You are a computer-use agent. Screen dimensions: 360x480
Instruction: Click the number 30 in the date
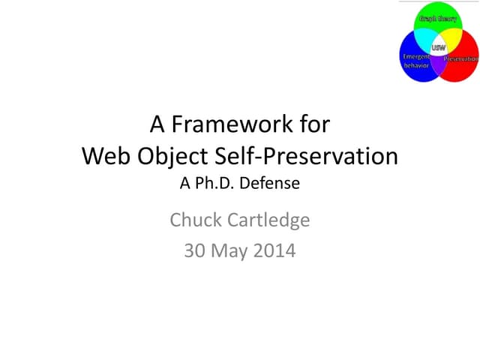click(x=194, y=250)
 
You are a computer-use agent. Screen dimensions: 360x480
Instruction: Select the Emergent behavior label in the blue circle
click(x=416, y=61)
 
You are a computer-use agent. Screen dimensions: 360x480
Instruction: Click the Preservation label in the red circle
click(x=461, y=58)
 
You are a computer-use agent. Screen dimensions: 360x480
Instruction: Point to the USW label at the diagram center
click(x=439, y=47)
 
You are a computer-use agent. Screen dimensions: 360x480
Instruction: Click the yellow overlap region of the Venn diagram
click(x=451, y=39)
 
